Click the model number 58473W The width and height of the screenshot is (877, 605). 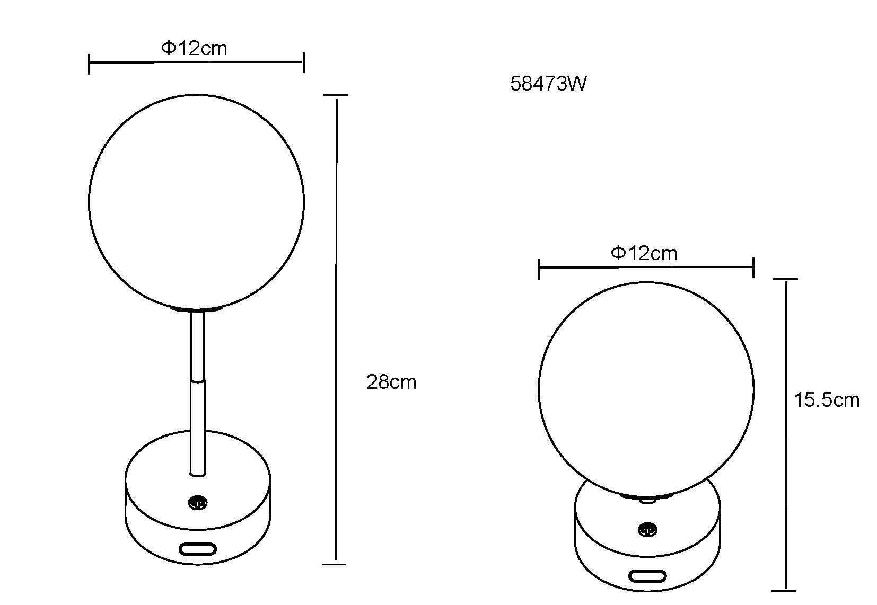[x=548, y=84]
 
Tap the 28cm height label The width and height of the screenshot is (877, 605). [x=391, y=382]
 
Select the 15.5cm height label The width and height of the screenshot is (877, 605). [x=826, y=400]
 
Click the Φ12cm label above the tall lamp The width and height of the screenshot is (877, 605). [x=194, y=49]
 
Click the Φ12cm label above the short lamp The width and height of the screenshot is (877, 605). [x=644, y=253]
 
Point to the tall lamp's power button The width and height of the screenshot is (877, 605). [x=197, y=502]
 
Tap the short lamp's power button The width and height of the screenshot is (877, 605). [x=647, y=529]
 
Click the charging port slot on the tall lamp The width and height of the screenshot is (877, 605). [x=197, y=548]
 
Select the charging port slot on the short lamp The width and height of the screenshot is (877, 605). [x=647, y=575]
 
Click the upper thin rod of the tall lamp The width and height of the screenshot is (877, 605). [x=197, y=344]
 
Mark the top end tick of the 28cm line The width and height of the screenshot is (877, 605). [x=336, y=95]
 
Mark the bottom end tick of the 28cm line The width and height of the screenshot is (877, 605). [x=335, y=564]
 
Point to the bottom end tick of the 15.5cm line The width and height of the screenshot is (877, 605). [x=784, y=590]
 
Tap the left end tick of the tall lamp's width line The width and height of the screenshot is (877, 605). [x=89, y=64]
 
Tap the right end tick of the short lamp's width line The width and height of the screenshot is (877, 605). [x=753, y=268]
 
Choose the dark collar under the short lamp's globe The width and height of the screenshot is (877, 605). [x=647, y=496]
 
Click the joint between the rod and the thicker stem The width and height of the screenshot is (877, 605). [x=197, y=380]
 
